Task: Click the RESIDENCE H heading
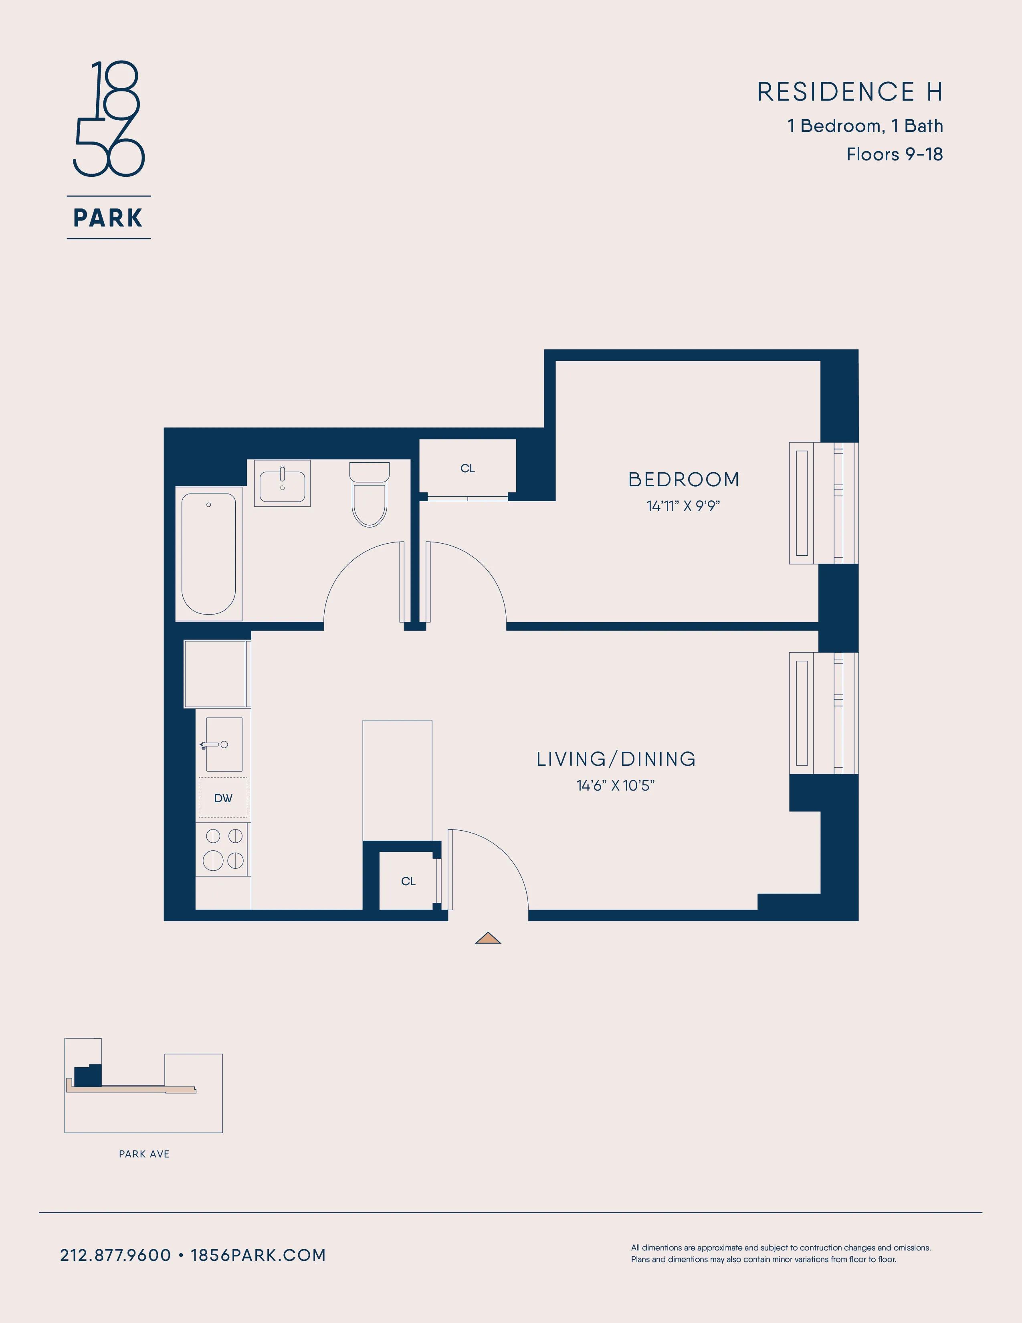coord(849,92)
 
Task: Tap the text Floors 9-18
coord(894,154)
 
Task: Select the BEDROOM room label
coord(684,480)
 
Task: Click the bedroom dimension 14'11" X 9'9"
coord(683,506)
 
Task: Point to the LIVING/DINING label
coord(616,759)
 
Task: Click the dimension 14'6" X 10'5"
coord(615,786)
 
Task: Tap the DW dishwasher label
coord(223,798)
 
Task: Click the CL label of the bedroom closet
coord(467,468)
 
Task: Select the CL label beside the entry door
coord(408,881)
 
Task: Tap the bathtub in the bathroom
coord(208,554)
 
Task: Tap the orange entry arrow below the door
coord(488,939)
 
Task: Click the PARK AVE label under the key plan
coord(144,1154)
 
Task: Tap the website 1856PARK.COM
coord(259,1255)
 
